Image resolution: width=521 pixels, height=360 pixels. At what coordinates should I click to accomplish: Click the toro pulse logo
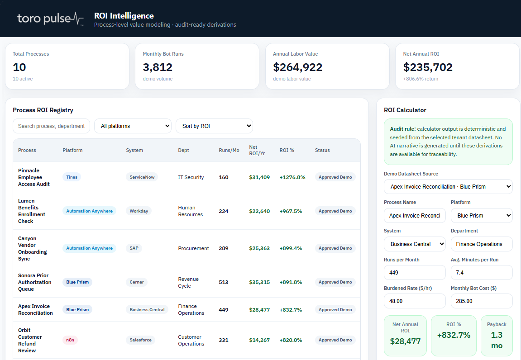50,19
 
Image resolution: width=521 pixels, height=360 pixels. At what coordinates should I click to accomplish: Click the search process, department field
51,126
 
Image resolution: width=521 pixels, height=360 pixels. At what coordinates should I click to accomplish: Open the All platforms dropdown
133,126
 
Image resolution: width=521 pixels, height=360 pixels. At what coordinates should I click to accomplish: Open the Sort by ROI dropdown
214,126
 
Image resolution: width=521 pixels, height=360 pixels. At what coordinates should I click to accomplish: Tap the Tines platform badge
72,177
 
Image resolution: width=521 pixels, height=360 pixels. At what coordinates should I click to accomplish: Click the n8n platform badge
70,340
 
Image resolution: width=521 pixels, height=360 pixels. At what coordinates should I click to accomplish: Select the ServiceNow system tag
142,177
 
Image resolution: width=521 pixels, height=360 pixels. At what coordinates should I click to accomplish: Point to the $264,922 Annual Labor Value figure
298,67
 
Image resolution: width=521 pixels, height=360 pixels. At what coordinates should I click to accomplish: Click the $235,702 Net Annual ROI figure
428,67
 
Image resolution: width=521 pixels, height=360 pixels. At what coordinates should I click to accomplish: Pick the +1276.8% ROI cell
292,177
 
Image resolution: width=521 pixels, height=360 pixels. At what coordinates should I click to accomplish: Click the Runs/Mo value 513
224,282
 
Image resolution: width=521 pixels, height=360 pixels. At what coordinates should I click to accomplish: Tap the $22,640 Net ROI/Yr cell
259,211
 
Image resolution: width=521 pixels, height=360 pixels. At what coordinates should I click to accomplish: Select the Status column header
322,151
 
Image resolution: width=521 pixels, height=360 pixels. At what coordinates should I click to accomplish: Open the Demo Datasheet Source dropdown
448,187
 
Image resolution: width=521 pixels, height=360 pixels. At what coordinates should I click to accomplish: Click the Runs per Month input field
415,273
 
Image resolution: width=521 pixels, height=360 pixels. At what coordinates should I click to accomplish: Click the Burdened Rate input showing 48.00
415,301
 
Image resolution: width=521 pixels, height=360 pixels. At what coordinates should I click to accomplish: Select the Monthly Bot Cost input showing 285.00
482,301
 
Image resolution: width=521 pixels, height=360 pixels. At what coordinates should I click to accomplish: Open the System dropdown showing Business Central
415,244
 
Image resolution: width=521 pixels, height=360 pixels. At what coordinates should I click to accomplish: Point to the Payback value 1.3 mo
497,341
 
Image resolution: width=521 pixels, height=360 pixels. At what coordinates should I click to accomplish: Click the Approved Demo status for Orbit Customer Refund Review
335,340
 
